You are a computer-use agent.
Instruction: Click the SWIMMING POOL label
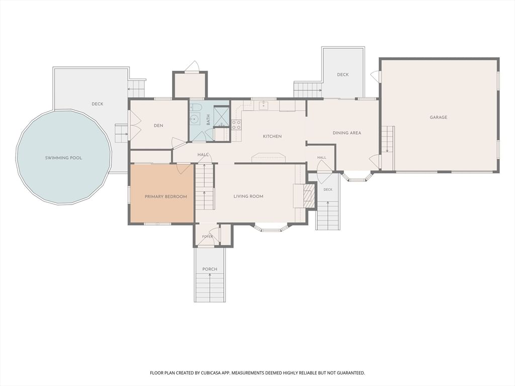pos(63,158)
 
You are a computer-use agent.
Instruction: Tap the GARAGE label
pos(439,117)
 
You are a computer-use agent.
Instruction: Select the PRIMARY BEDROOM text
pos(166,197)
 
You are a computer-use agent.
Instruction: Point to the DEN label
pos(158,125)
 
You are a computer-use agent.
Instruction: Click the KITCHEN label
pos(272,136)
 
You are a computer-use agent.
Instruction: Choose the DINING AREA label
pos(347,133)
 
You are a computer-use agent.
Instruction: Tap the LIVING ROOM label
pos(248,197)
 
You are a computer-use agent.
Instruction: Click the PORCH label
pos(210,269)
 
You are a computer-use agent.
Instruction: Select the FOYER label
pos(207,236)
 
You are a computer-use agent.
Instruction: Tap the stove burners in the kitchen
pos(236,125)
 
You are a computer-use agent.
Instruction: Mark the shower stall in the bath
pos(221,117)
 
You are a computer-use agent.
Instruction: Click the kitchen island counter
pos(269,157)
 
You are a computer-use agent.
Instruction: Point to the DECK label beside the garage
pos(342,74)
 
